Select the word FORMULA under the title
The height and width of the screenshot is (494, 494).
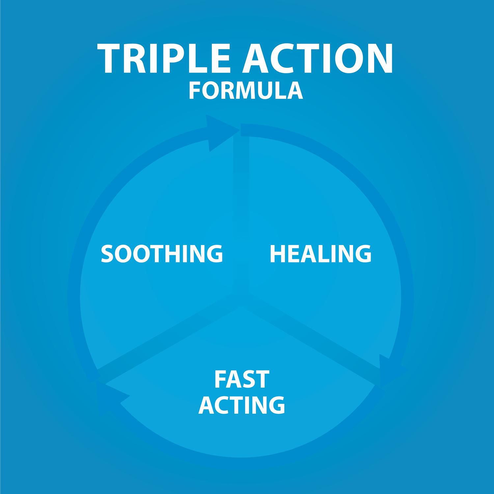(x=246, y=91)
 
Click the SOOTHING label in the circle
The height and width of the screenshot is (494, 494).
(x=162, y=254)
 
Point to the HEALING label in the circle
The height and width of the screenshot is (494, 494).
(x=320, y=254)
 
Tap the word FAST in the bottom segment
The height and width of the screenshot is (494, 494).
(x=242, y=379)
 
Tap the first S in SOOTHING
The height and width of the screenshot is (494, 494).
(x=107, y=254)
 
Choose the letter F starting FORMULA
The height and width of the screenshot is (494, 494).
(x=194, y=91)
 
